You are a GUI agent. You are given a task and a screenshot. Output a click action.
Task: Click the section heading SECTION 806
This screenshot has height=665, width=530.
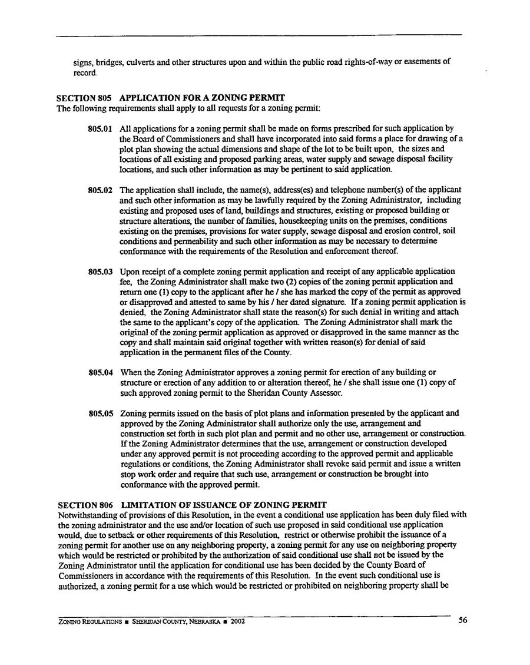[x=86, y=505]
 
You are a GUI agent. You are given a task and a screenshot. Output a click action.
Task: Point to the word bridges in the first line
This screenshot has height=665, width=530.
[x=106, y=61]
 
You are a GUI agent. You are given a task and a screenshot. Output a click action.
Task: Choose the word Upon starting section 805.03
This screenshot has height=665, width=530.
[x=128, y=272]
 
